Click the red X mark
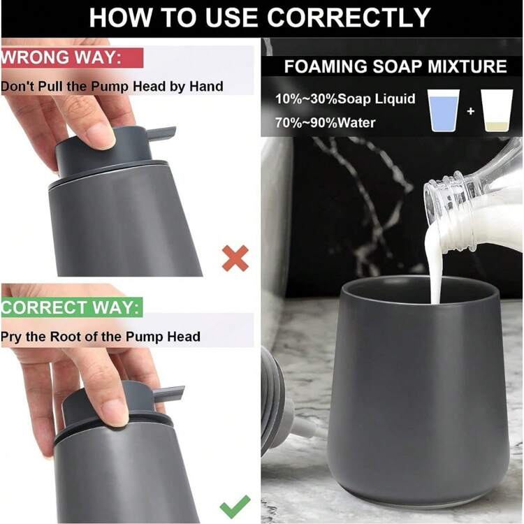click(x=235, y=259)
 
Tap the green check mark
click(x=235, y=506)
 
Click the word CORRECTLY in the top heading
click(x=349, y=17)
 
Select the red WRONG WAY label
click(x=72, y=57)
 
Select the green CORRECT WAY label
click(x=72, y=307)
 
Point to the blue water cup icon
click(x=444, y=110)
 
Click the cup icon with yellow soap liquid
click(x=497, y=110)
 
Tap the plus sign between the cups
click(x=470, y=110)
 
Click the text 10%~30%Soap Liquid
click(x=345, y=99)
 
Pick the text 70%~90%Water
click(x=325, y=123)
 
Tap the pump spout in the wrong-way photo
click(x=161, y=132)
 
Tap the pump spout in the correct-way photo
click(x=169, y=393)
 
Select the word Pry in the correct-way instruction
click(x=10, y=337)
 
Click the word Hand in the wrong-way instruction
click(x=206, y=87)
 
